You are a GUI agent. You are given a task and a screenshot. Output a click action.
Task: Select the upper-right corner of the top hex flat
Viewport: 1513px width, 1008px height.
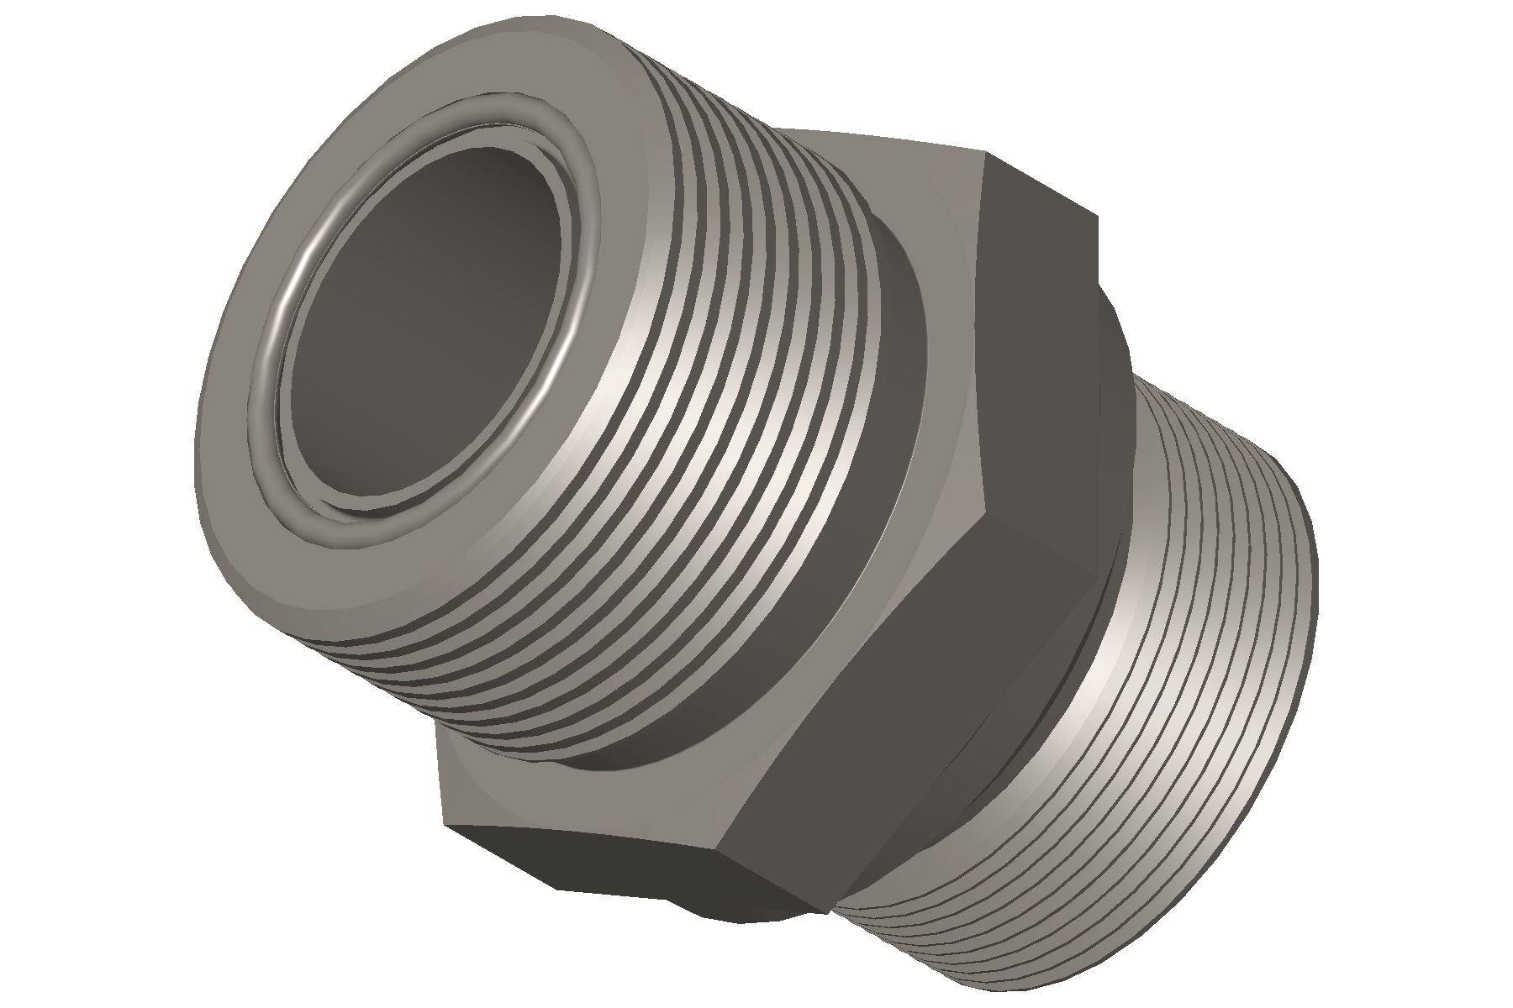pyautogui.click(x=1096, y=217)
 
